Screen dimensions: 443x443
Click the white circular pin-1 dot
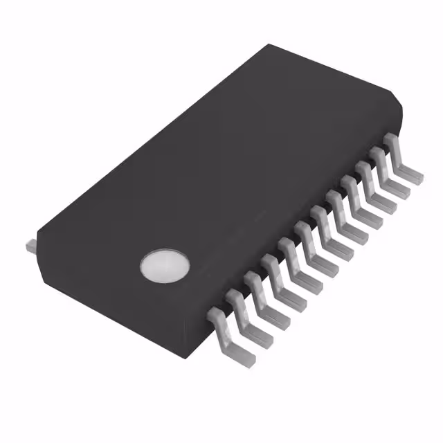(164, 265)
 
